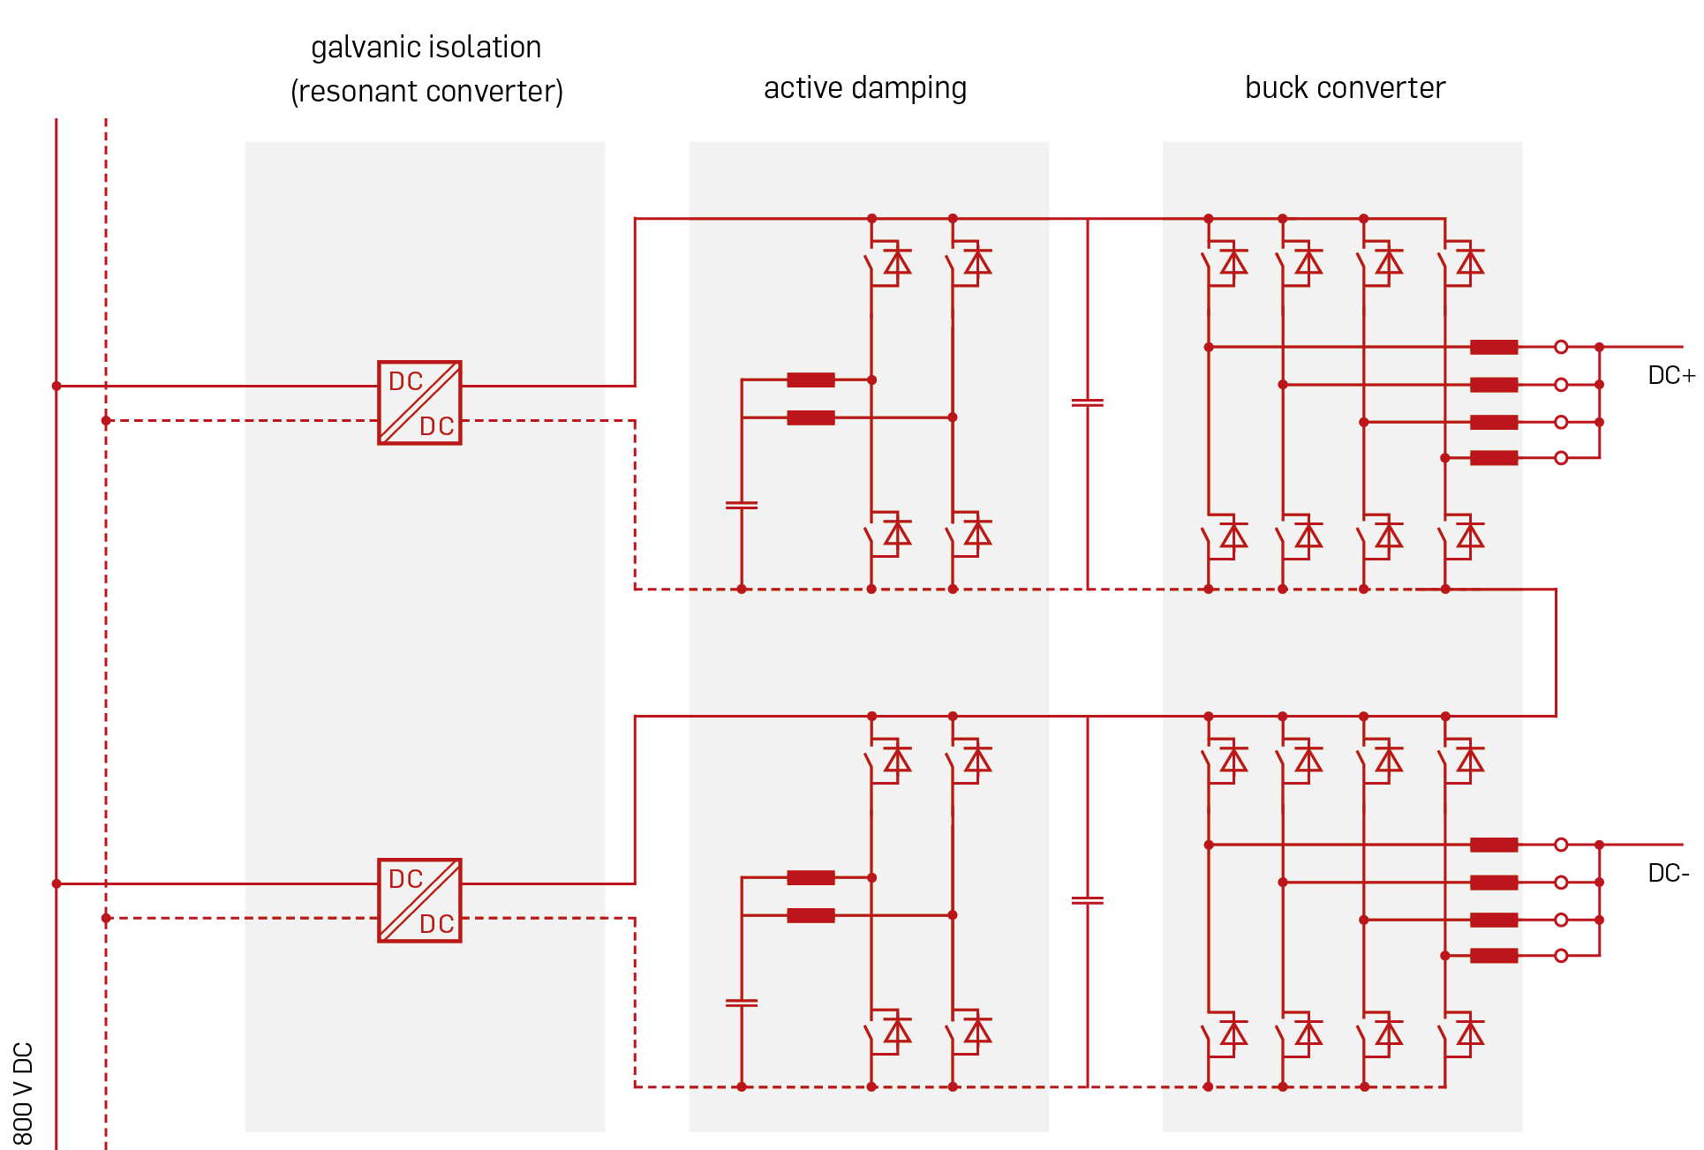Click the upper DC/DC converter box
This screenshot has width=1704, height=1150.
[419, 402]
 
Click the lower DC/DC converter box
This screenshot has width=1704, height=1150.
[419, 900]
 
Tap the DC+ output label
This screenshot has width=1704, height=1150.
[1671, 376]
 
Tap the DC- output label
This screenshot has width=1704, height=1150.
[1669, 874]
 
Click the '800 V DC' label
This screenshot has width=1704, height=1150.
[23, 1094]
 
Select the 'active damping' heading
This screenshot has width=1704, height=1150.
[865, 88]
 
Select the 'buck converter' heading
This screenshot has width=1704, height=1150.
[1345, 88]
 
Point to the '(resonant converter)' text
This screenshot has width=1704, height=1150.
[426, 92]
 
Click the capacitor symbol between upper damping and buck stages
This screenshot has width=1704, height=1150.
[1087, 403]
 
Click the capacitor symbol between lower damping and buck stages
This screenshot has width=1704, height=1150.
[1087, 901]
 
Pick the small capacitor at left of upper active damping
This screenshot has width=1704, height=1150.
[741, 506]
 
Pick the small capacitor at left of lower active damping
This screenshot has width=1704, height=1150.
[741, 1003]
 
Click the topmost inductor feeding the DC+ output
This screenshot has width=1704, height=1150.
[1494, 347]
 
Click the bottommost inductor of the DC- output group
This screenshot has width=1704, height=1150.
[1494, 956]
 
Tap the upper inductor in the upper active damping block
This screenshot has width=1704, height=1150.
[811, 380]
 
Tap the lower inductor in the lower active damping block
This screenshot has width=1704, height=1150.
[811, 916]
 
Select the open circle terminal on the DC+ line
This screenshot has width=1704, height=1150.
[1561, 347]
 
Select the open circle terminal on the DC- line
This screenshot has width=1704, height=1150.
[1561, 845]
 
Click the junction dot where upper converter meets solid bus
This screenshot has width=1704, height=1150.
[57, 386]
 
